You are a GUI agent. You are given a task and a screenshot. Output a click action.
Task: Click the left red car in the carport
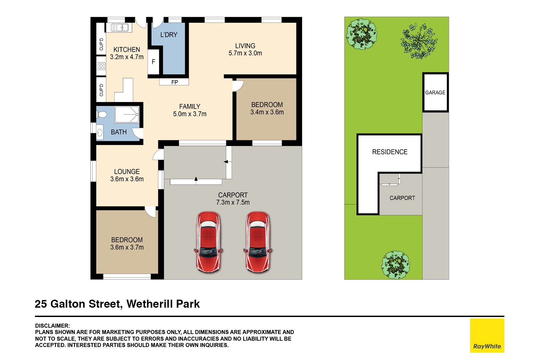pyautogui.click(x=209, y=242)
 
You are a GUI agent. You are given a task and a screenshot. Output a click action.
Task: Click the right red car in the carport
pyautogui.click(x=258, y=242)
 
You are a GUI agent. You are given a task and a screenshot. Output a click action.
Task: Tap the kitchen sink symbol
pyautogui.click(x=120, y=27)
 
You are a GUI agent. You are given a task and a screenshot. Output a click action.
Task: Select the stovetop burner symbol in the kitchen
pyautogui.click(x=101, y=66)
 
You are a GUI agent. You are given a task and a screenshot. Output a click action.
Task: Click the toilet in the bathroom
pyautogui.click(x=102, y=114)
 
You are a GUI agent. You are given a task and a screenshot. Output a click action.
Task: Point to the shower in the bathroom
pyautogui.click(x=127, y=115)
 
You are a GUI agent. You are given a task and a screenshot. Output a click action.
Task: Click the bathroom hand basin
pyautogui.click(x=100, y=132)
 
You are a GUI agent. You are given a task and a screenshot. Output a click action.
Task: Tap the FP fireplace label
pyautogui.click(x=175, y=82)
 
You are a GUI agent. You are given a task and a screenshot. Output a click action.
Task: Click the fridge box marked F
pyautogui.click(x=154, y=62)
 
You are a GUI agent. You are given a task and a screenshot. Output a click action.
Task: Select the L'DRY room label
pyautogui.click(x=169, y=35)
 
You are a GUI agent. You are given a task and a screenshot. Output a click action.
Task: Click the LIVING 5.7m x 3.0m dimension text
pyautogui.click(x=245, y=53)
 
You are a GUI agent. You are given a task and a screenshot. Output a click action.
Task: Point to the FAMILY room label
pyautogui.click(x=190, y=106)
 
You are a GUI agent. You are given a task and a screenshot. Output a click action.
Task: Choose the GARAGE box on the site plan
pyautogui.click(x=435, y=92)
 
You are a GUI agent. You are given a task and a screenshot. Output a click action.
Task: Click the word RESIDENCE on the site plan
pyautogui.click(x=390, y=152)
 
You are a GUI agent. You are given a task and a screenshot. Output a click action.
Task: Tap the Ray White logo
pyautogui.click(x=487, y=335)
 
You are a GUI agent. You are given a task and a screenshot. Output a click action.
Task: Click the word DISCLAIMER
pyautogui.click(x=52, y=326)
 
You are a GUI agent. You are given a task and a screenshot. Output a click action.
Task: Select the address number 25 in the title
pyautogui.click(x=41, y=304)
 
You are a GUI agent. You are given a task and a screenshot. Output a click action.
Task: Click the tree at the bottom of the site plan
pyautogui.click(x=395, y=265)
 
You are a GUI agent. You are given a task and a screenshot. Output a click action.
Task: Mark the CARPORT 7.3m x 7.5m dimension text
pyautogui.click(x=233, y=202)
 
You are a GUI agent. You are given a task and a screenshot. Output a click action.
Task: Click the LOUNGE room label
pyautogui.click(x=127, y=172)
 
